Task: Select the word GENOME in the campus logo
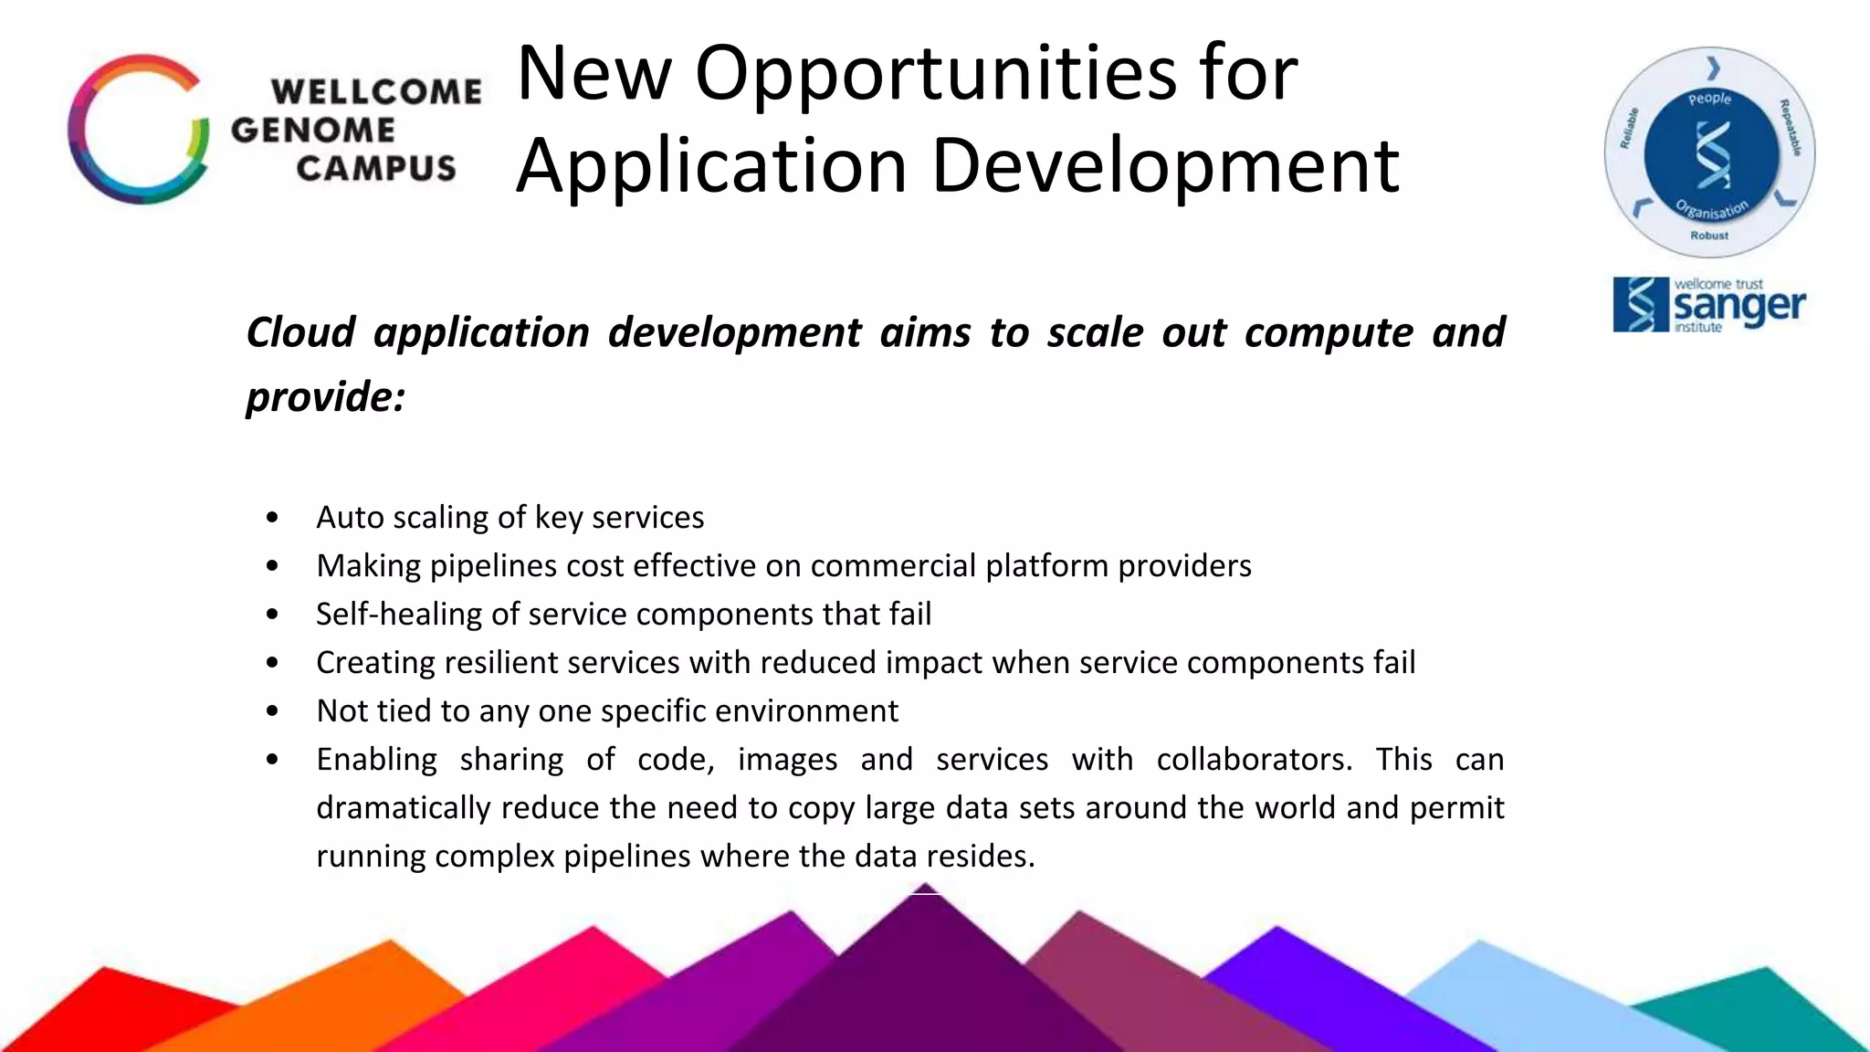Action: tap(313, 130)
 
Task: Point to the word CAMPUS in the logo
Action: tap(376, 169)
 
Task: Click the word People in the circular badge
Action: tap(1709, 99)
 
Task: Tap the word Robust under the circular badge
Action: tap(1709, 236)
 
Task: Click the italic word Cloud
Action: tap(300, 332)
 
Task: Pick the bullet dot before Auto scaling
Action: tap(272, 519)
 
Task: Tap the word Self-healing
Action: tap(398, 615)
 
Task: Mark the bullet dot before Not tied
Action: tap(272, 711)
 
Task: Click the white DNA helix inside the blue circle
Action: tap(1711, 155)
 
